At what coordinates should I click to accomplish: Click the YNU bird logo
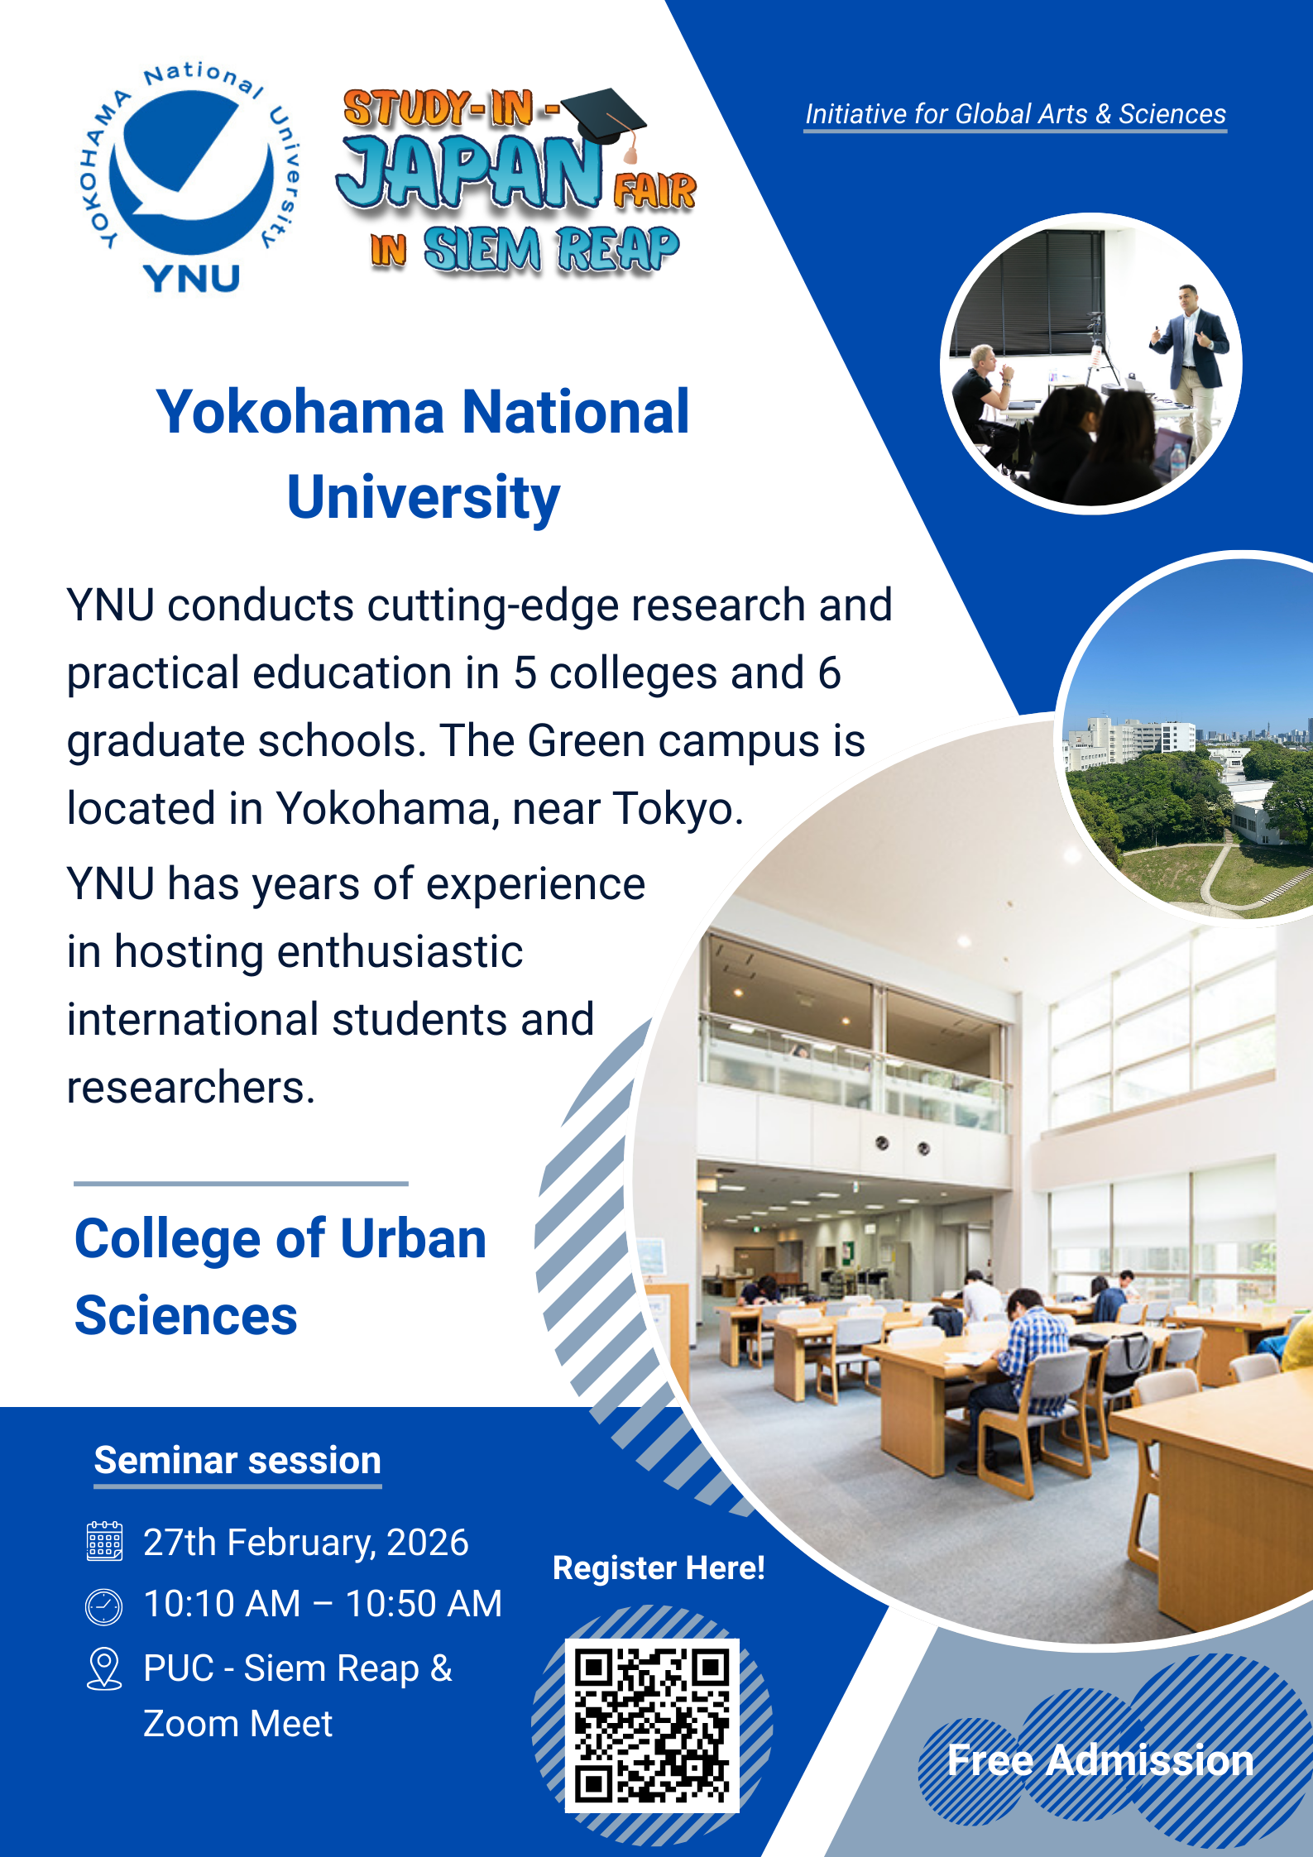pos(192,177)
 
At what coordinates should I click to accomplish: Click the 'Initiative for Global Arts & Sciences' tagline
pos(1015,114)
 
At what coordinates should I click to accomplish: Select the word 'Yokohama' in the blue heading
pos(301,412)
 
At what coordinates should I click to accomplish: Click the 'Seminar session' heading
pos(237,1460)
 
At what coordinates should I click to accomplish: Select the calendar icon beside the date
pos(104,1541)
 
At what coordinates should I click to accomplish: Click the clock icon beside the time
pos(103,1606)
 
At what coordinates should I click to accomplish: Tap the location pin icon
pos(104,1668)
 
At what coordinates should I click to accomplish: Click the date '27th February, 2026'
pos(306,1543)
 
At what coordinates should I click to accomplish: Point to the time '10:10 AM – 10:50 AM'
pos(323,1604)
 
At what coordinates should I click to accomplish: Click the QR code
pos(652,1725)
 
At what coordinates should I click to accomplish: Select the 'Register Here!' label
pos(659,1568)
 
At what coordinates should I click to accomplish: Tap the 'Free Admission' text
pos(1100,1760)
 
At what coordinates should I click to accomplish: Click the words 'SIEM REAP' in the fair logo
pos(551,249)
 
